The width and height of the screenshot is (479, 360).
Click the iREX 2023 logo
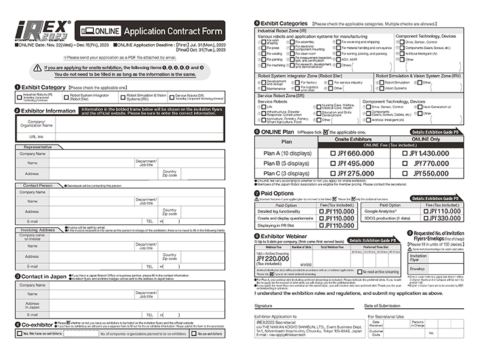tap(44, 30)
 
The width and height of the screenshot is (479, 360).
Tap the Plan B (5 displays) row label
tap(286, 163)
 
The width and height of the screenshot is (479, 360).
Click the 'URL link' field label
tap(36, 136)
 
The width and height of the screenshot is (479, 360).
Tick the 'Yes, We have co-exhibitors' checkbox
tap(19, 334)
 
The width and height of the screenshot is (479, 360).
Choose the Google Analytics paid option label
tap(385, 210)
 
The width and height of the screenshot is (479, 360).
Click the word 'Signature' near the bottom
tap(263, 305)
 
